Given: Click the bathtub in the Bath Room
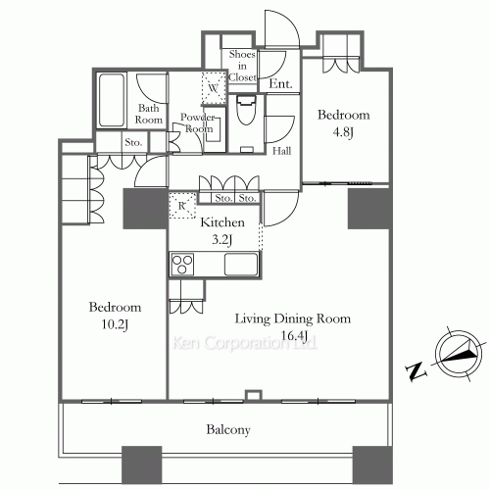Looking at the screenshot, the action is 112,100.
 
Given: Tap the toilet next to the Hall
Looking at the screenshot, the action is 246,110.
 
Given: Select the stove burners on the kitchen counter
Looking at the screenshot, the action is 182,265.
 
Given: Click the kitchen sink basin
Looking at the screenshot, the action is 241,265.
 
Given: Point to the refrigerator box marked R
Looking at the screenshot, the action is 182,206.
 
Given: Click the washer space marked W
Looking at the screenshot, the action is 214,87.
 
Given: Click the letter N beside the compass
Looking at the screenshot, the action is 416,371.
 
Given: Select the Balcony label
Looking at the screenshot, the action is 228,429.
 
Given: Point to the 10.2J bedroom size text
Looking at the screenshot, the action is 115,324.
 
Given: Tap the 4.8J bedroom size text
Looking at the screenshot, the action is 343,132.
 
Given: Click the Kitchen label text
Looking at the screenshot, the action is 222,222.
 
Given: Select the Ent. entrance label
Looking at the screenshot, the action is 280,84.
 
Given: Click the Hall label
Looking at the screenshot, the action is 282,151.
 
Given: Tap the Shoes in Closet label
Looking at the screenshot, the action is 242,66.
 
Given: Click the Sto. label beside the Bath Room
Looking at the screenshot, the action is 133,142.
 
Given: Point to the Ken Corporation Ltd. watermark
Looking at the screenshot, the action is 245,343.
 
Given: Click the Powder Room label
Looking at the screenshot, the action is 197,122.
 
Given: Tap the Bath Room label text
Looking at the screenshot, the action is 149,114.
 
